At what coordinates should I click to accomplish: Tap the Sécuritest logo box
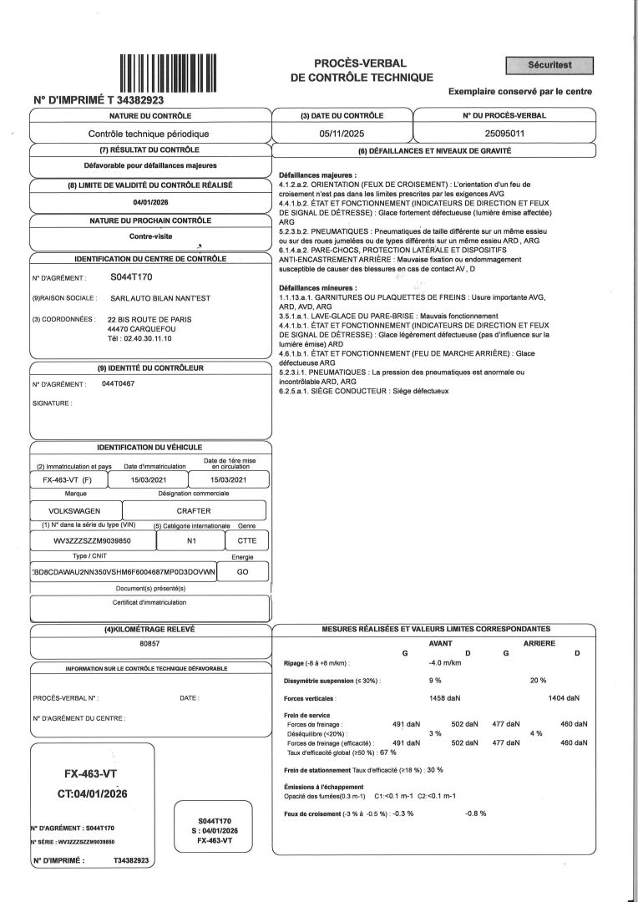tap(549, 65)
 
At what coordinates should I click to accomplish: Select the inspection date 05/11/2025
tap(341, 133)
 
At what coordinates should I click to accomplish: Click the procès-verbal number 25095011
tap(504, 133)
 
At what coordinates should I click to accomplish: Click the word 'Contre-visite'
tap(150, 236)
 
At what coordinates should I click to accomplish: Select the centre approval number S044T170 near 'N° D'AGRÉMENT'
tap(132, 276)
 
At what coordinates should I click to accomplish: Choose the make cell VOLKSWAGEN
tap(75, 510)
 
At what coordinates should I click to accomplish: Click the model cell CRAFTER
tap(194, 510)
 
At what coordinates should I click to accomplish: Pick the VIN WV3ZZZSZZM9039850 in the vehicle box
tap(98, 541)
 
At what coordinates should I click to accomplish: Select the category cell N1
tap(191, 541)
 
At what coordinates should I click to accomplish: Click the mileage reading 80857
tap(150, 644)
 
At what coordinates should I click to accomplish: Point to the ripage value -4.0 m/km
tap(445, 662)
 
